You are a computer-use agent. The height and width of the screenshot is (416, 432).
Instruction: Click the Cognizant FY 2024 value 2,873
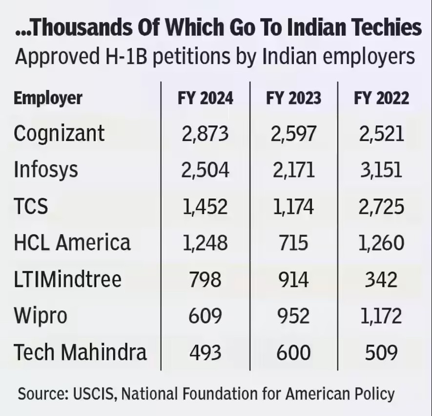205,133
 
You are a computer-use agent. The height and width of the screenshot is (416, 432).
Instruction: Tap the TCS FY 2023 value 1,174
293,207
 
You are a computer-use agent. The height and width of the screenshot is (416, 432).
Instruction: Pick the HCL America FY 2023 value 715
293,243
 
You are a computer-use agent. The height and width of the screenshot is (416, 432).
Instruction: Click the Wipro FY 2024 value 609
205,316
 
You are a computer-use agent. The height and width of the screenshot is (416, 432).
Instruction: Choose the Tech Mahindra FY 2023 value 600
293,352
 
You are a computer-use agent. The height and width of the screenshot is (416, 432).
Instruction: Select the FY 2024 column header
205,98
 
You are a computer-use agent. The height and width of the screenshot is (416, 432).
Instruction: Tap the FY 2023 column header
293,98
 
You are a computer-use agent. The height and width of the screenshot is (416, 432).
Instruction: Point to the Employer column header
48,99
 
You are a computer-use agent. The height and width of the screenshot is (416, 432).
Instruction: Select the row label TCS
31,207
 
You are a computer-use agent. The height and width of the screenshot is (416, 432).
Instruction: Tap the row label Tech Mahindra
80,352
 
